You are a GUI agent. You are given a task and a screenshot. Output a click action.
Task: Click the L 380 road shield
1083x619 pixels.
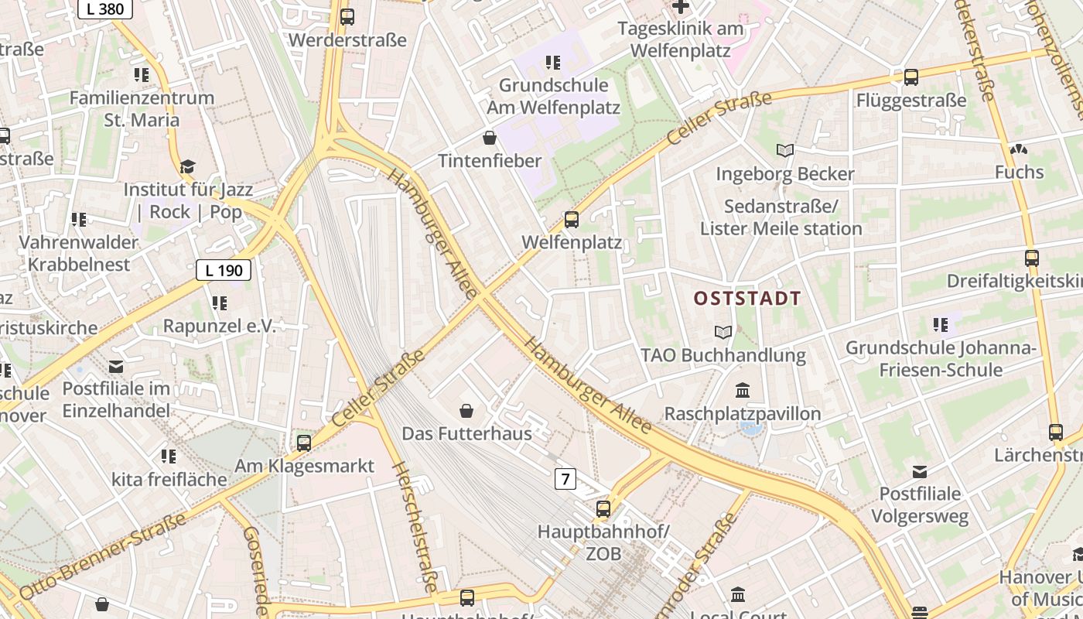click(x=105, y=9)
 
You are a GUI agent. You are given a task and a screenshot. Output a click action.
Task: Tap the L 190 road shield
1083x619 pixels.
click(x=224, y=270)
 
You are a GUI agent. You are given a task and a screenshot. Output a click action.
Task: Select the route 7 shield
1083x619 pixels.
click(x=565, y=479)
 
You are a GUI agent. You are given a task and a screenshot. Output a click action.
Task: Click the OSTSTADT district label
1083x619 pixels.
click(x=747, y=299)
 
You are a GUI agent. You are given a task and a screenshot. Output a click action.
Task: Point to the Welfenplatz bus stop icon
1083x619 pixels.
click(x=572, y=220)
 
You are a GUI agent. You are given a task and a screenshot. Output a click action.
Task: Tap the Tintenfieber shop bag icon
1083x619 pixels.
click(x=489, y=139)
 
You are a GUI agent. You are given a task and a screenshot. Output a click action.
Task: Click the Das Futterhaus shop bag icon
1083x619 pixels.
click(x=466, y=410)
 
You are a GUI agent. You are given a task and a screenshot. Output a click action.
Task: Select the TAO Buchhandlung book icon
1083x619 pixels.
click(x=723, y=333)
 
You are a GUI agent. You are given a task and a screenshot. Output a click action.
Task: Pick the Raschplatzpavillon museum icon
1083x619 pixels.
click(x=743, y=390)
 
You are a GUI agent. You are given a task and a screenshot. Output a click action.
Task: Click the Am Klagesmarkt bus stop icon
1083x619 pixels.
click(x=304, y=443)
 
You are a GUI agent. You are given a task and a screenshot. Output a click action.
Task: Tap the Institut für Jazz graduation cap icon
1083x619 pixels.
click(x=187, y=166)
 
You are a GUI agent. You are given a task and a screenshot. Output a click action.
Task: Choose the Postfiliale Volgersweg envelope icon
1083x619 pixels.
click(x=920, y=471)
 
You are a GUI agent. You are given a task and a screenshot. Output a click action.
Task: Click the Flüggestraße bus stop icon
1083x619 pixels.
click(x=911, y=77)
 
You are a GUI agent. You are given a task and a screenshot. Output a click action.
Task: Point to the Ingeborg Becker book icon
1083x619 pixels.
click(x=785, y=151)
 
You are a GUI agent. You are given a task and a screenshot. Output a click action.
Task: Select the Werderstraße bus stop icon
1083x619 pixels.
click(x=347, y=17)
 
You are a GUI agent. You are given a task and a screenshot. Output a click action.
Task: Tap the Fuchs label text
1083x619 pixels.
click(x=1019, y=172)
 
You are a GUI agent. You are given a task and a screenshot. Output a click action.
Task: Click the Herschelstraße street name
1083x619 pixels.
click(x=416, y=526)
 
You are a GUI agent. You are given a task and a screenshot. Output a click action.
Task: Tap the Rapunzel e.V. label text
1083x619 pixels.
click(x=219, y=326)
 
